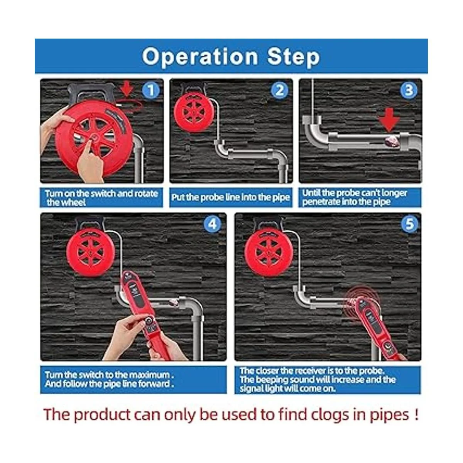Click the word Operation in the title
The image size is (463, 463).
tap(200, 57)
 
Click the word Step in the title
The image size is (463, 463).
tap(293, 57)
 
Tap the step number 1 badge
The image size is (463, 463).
tap(150, 90)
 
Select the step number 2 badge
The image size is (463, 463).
tap(279, 91)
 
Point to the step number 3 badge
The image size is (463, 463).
tap(409, 91)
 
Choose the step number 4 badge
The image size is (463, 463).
tap(212, 225)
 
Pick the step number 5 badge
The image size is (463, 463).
tap(409, 225)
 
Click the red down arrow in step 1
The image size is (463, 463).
tap(127, 89)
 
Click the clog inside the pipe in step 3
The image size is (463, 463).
tap(392, 140)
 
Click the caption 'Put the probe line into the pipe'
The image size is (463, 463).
tap(231, 197)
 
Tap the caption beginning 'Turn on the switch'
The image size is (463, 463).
tap(101, 198)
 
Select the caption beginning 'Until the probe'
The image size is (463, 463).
tap(355, 197)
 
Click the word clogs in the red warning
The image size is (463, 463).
tap(331, 415)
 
